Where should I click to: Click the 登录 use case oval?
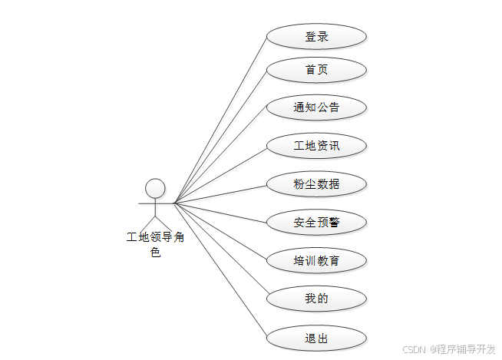[316, 37]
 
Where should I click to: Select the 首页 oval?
[316, 70]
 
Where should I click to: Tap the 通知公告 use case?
[316, 107]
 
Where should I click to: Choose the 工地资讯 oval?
[316, 146]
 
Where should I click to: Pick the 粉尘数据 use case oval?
[316, 184]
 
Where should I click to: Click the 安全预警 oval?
[316, 223]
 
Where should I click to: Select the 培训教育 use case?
[316, 261]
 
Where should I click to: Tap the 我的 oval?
[316, 298]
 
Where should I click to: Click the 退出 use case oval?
[316, 337]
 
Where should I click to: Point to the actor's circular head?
[155, 188]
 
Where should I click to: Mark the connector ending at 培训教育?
[223, 233]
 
